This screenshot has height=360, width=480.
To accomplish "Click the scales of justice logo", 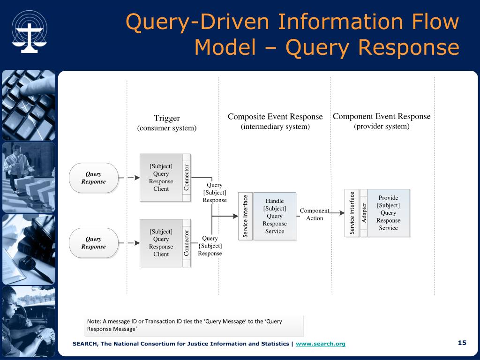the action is [30, 32].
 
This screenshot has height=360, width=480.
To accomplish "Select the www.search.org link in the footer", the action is [321, 344].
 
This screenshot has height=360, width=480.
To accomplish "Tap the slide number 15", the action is [462, 343].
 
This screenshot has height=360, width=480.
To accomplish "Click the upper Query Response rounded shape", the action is [94, 178].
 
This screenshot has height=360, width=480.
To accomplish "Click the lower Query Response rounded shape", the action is [94, 243].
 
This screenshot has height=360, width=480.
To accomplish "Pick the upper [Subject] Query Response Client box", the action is [165, 178].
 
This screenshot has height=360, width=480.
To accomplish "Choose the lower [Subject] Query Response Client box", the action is [165, 243].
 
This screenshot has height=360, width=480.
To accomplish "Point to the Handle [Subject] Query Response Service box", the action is [275, 216].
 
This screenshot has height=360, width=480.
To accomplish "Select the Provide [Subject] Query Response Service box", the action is [388, 213].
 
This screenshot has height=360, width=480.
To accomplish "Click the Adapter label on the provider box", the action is [364, 213].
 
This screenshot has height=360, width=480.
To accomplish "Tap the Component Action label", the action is [315, 214].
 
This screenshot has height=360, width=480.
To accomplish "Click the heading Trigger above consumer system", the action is [167, 118].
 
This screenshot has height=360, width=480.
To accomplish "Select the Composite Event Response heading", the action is [275, 117].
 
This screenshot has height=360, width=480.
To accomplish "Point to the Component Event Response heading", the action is [382, 116].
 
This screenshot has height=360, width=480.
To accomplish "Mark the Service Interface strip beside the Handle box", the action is [246, 216].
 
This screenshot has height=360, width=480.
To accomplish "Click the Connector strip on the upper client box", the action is [187, 178].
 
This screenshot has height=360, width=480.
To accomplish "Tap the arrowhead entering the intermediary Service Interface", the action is [235, 216].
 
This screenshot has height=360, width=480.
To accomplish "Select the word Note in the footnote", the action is [94, 321].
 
